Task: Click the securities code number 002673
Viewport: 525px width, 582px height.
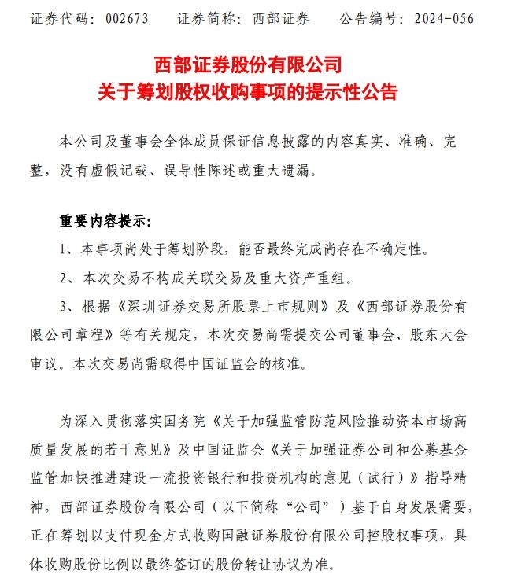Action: (124, 17)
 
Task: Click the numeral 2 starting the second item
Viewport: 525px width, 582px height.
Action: (64, 278)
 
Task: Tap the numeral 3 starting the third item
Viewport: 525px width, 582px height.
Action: (64, 306)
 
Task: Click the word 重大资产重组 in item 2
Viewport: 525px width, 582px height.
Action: (309, 278)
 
